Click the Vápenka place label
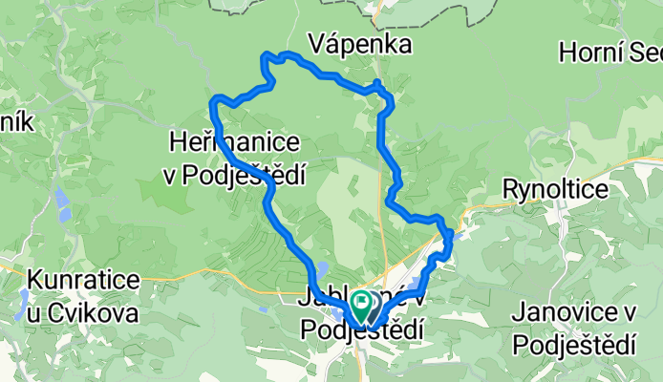[360, 45]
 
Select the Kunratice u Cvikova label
[83, 296]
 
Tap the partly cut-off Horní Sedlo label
[611, 52]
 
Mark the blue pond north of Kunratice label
[61, 202]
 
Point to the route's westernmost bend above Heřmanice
[215, 101]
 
